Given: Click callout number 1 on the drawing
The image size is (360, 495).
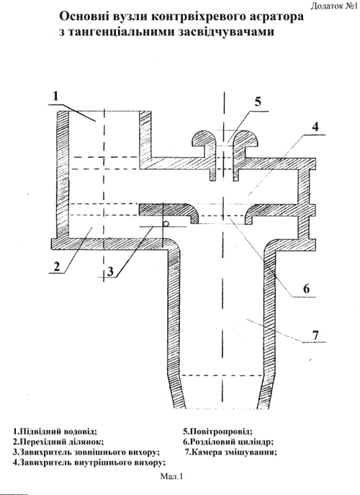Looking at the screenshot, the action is pyautogui.click(x=56, y=96).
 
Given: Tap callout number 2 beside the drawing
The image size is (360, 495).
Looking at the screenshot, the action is pyautogui.click(x=56, y=267).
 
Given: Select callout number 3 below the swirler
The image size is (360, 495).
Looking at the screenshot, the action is pyautogui.click(x=109, y=271).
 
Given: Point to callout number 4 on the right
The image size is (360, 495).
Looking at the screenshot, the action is pyautogui.click(x=315, y=127).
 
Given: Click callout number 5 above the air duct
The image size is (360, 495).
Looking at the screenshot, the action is pyautogui.click(x=258, y=102).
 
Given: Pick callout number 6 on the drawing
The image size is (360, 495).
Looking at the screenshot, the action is pyautogui.click(x=307, y=288).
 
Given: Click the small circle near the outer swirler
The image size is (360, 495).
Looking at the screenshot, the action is pyautogui.click(x=166, y=223).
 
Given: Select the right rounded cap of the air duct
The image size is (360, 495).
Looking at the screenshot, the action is pyautogui.click(x=246, y=140).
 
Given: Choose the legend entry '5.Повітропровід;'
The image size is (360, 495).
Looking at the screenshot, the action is pyautogui.click(x=217, y=431).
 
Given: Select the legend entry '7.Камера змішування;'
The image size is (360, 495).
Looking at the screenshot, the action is pyautogui.click(x=231, y=452).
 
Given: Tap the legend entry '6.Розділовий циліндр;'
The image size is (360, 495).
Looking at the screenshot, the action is pyautogui.click(x=228, y=442).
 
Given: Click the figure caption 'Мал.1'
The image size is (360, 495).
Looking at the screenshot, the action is pyautogui.click(x=171, y=476).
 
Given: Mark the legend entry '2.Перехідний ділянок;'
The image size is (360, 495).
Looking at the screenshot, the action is pyautogui.click(x=58, y=442).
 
